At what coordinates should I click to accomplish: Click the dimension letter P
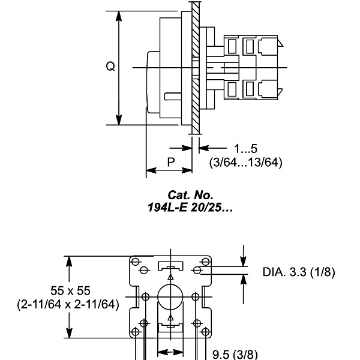(170, 162)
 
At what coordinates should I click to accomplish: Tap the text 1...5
(246, 148)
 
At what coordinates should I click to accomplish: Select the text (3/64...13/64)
(245, 162)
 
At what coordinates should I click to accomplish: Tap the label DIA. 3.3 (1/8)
(299, 272)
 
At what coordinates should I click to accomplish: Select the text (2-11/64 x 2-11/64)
(67, 304)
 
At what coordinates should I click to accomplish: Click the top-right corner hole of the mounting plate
(205, 262)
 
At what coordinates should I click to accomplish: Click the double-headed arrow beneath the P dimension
(169, 171)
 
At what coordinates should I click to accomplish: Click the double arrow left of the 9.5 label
(170, 353)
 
